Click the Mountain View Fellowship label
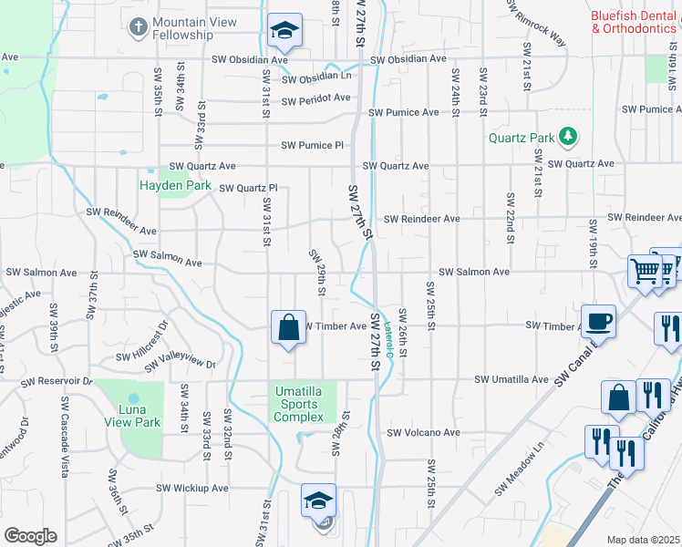194,28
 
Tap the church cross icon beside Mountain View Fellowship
138,26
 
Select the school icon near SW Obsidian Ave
285,33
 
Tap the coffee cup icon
598,321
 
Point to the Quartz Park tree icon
568,137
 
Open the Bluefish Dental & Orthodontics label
633,22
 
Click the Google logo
30,536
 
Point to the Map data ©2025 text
643,540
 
